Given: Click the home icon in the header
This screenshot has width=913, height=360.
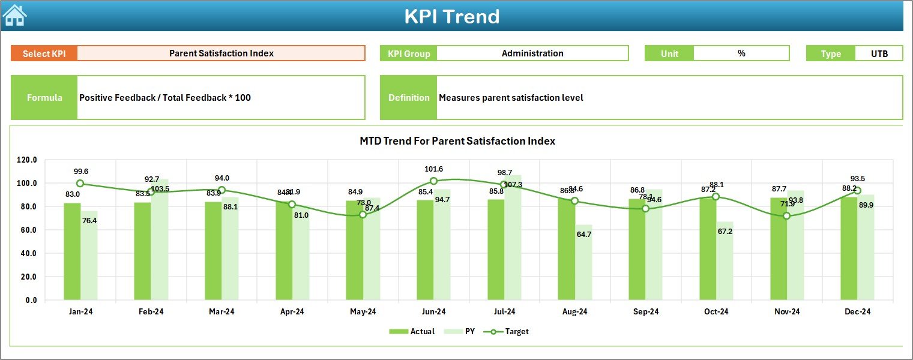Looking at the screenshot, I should pyautogui.click(x=15, y=15).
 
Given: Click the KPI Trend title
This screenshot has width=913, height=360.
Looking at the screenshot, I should pyautogui.click(x=451, y=16).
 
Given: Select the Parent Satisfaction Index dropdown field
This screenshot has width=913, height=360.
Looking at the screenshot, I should pyautogui.click(x=221, y=53).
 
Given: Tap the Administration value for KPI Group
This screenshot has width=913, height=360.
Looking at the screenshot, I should pyautogui.click(x=532, y=53).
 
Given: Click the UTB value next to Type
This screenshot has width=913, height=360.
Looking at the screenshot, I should pyautogui.click(x=879, y=53).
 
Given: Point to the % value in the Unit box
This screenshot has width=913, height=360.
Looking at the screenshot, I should pyautogui.click(x=741, y=53).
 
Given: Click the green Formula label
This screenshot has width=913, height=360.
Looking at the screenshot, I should pyautogui.click(x=44, y=98).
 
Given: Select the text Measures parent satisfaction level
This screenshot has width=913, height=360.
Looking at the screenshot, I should pyautogui.click(x=511, y=98).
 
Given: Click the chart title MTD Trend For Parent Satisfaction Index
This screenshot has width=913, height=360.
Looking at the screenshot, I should pyautogui.click(x=457, y=141).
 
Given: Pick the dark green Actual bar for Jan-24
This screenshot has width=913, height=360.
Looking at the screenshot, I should pyautogui.click(x=72, y=251).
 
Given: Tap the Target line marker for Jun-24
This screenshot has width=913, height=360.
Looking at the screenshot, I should pyautogui.click(x=433, y=181).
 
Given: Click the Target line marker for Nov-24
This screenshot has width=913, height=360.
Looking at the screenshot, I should pyautogui.click(x=786, y=216).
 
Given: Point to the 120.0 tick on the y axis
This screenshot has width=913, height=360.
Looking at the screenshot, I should pyautogui.click(x=26, y=160).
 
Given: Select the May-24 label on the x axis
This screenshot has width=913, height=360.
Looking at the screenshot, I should pyautogui.click(x=363, y=312).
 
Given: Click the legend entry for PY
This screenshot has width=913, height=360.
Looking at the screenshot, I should pyautogui.click(x=462, y=331).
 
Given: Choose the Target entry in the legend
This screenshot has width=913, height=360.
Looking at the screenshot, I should pyautogui.click(x=510, y=331).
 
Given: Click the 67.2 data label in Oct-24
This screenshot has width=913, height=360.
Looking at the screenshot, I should pyautogui.click(x=725, y=232).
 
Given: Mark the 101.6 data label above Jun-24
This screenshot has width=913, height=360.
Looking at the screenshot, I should pyautogui.click(x=433, y=169).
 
